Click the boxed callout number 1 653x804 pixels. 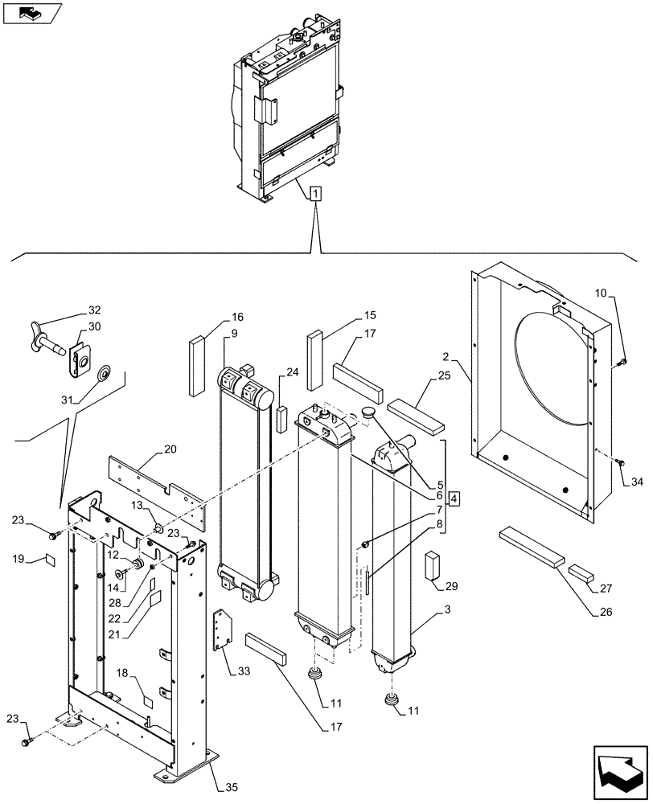click(316, 193)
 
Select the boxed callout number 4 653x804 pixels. click(454, 498)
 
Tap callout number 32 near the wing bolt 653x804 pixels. click(95, 310)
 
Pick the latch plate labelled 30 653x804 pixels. click(80, 359)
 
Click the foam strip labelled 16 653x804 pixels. click(198, 366)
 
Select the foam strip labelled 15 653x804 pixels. click(314, 349)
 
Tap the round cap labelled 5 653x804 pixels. click(368, 412)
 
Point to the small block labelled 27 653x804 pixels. click(580, 572)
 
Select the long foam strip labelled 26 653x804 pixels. click(532, 548)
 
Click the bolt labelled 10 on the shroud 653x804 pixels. click(621, 364)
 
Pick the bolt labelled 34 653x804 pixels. click(620, 462)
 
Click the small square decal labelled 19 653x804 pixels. click(50, 560)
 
